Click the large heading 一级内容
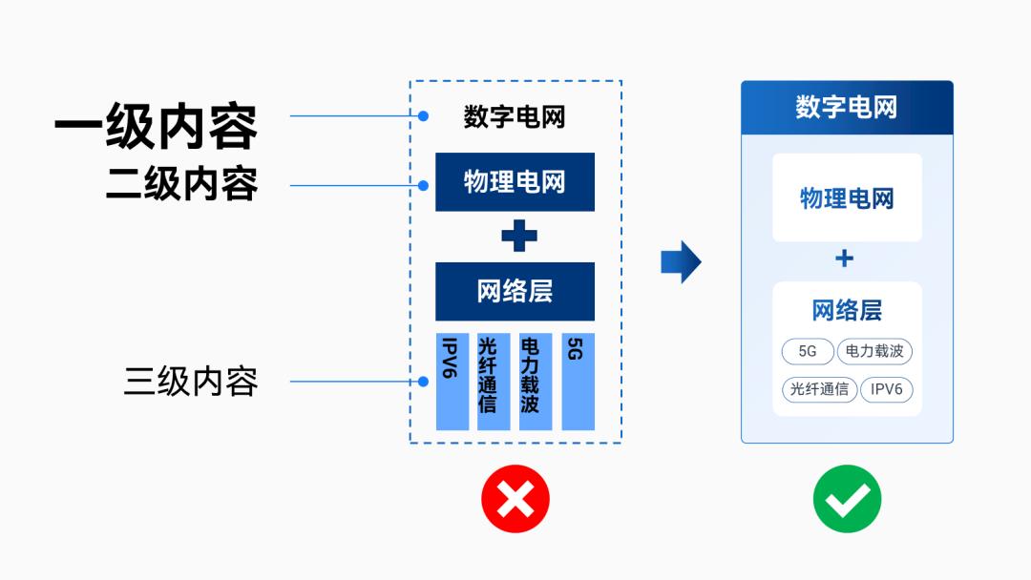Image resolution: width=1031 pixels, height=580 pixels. (156, 128)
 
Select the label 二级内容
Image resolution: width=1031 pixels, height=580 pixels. (181, 183)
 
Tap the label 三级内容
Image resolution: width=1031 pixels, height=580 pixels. (191, 382)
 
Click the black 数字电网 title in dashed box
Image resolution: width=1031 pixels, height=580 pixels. (515, 117)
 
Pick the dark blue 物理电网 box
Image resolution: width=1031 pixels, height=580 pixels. (515, 181)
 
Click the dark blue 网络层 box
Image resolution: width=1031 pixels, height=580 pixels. (515, 291)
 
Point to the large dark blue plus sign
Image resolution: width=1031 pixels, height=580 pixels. (518, 236)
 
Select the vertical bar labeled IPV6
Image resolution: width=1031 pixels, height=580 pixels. (452, 382)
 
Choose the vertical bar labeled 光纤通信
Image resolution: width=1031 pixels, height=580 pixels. (493, 382)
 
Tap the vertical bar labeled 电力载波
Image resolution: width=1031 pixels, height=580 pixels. (535, 382)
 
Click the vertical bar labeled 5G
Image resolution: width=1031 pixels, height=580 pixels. (578, 382)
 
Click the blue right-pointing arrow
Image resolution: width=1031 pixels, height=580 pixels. (681, 262)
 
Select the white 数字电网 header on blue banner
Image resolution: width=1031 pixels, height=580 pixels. (847, 107)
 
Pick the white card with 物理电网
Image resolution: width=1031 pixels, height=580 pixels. (847, 197)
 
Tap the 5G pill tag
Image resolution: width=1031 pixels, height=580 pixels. (808, 351)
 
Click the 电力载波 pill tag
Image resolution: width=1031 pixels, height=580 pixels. (874, 351)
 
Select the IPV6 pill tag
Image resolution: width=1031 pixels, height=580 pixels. (887, 389)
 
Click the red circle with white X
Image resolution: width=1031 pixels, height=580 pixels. (515, 499)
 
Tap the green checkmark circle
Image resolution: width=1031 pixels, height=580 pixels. (847, 499)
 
